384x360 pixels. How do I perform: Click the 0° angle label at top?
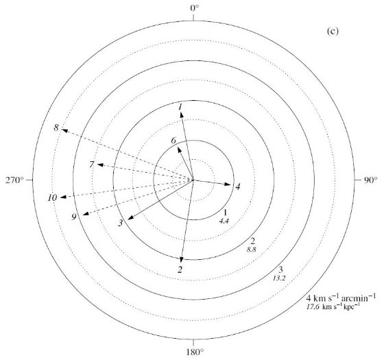pos(195,8)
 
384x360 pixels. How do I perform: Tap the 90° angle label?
pos(370,180)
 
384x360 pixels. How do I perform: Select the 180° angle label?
pos(195,352)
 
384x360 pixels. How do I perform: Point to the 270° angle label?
pos(14,180)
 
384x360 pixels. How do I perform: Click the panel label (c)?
pos(333,32)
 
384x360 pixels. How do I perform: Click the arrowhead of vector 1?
pos(182,114)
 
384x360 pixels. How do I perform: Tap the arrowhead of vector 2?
pos(181,261)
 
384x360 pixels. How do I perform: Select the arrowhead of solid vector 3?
pos(130,217)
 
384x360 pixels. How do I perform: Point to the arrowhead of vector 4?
pos(228,184)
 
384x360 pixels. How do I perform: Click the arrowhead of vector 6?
pos(179,149)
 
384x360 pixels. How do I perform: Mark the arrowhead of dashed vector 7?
pos(100,165)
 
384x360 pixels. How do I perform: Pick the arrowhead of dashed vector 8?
pos(64,130)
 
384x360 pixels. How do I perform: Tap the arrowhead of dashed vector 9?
pos(86,214)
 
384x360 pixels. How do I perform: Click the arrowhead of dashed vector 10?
pos(63,197)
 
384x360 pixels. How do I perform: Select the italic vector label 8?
pos(56,128)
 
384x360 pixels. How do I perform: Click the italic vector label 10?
pos(52,197)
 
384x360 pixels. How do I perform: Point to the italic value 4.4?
pos(224,221)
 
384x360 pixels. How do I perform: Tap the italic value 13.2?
pos(279,278)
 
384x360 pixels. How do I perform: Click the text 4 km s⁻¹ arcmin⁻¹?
pos(341,298)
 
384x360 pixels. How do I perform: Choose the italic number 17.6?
pos(313,307)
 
